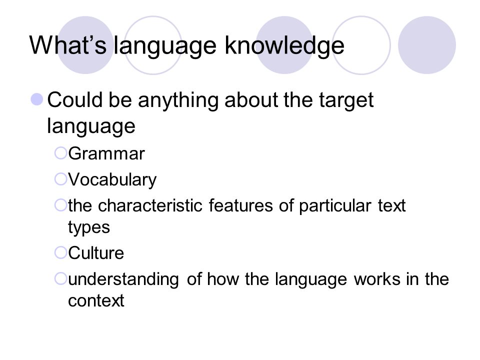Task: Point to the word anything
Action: point(184,102)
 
